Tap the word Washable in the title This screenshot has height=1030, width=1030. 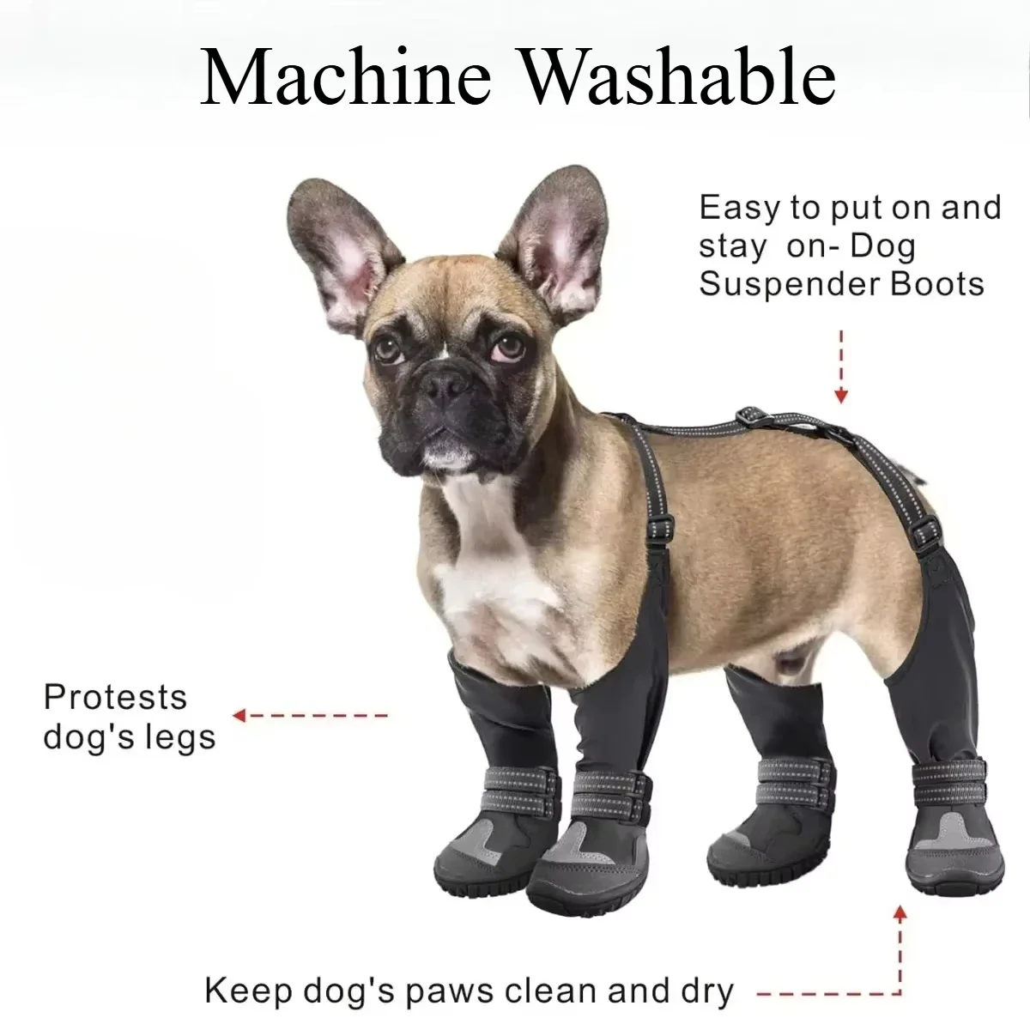click(679, 76)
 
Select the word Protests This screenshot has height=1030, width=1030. click(115, 696)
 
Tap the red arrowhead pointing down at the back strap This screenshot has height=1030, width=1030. click(842, 396)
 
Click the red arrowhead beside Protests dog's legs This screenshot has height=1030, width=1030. click(240, 715)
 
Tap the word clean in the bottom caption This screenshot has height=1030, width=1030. click(549, 991)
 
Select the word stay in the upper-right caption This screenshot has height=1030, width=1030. click(732, 247)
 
